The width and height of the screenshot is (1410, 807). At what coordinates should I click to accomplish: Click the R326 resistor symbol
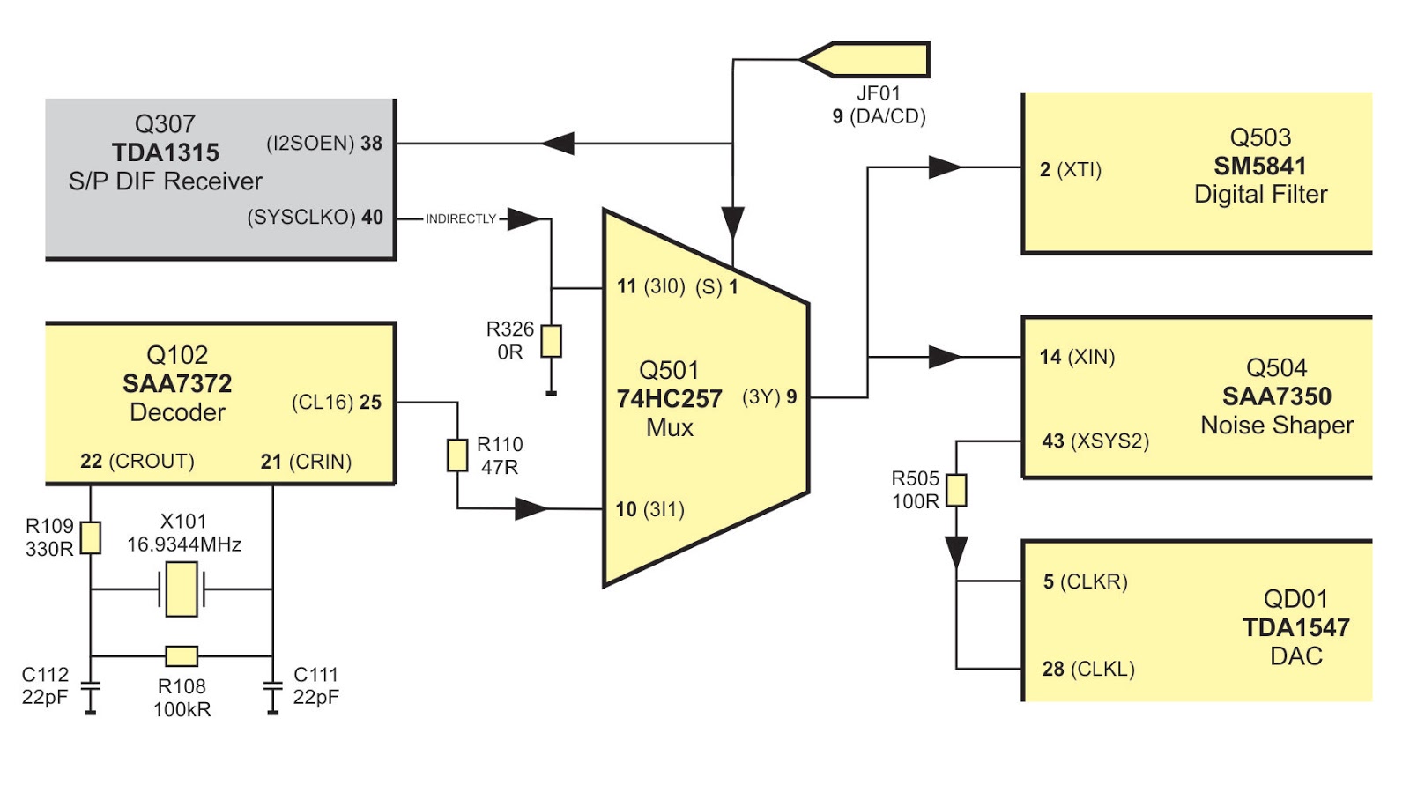click(551, 341)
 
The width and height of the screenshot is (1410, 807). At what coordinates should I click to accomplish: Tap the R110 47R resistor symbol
click(457, 455)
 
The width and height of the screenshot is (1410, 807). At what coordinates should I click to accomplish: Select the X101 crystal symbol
click(182, 589)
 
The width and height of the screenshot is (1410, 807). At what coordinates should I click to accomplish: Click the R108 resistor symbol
click(182, 655)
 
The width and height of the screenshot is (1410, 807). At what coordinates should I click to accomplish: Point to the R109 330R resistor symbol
click(91, 537)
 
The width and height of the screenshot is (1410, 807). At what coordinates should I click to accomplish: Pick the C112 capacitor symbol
click(90, 686)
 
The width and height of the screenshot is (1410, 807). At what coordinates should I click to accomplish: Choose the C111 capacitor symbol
click(273, 686)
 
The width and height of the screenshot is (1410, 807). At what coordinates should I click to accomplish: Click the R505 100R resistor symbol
click(956, 490)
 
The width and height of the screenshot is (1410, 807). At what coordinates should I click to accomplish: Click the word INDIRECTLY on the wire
click(461, 218)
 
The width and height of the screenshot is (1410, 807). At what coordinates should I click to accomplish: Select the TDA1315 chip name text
click(166, 152)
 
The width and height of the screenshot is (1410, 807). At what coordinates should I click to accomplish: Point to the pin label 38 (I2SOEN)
click(324, 143)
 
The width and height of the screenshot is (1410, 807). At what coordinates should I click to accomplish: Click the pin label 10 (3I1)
click(650, 509)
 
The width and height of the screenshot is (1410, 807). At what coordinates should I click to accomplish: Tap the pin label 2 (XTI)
click(1070, 169)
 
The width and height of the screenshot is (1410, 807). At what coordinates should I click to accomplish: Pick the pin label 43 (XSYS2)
click(1095, 441)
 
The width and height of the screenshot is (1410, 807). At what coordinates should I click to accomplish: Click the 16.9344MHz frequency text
click(184, 544)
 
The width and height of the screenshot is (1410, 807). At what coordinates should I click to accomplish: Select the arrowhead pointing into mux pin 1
click(733, 222)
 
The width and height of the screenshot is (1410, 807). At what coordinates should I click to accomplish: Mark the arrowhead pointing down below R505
click(956, 552)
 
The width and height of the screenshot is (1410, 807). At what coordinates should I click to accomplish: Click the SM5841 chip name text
click(1260, 166)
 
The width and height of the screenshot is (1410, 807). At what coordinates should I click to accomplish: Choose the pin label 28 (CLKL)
click(1088, 669)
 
